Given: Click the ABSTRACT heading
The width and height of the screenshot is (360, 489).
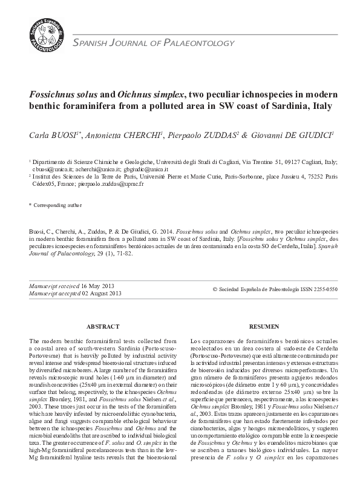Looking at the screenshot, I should (103, 326).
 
